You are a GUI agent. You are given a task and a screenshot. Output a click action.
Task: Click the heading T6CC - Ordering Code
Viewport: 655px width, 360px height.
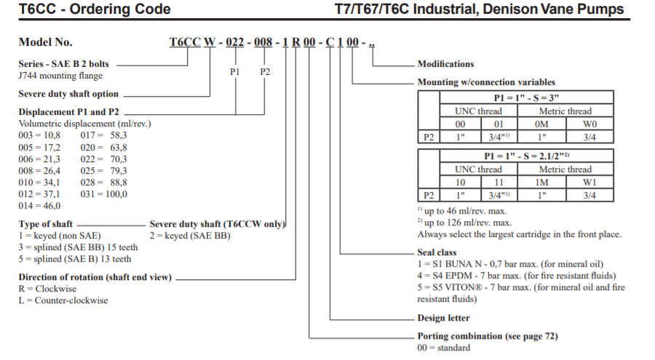95,9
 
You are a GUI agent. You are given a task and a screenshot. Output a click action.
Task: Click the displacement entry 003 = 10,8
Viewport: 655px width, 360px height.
39,135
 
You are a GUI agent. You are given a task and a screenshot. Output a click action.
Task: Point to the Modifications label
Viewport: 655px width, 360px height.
445,64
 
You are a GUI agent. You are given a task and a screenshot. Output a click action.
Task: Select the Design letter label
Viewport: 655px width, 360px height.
443,318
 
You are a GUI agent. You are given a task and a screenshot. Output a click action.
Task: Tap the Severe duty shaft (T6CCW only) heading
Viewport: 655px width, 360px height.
217,224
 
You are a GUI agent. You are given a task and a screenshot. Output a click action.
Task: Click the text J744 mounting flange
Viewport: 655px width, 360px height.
60,76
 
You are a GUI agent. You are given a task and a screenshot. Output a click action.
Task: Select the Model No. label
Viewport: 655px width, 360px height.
45,42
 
